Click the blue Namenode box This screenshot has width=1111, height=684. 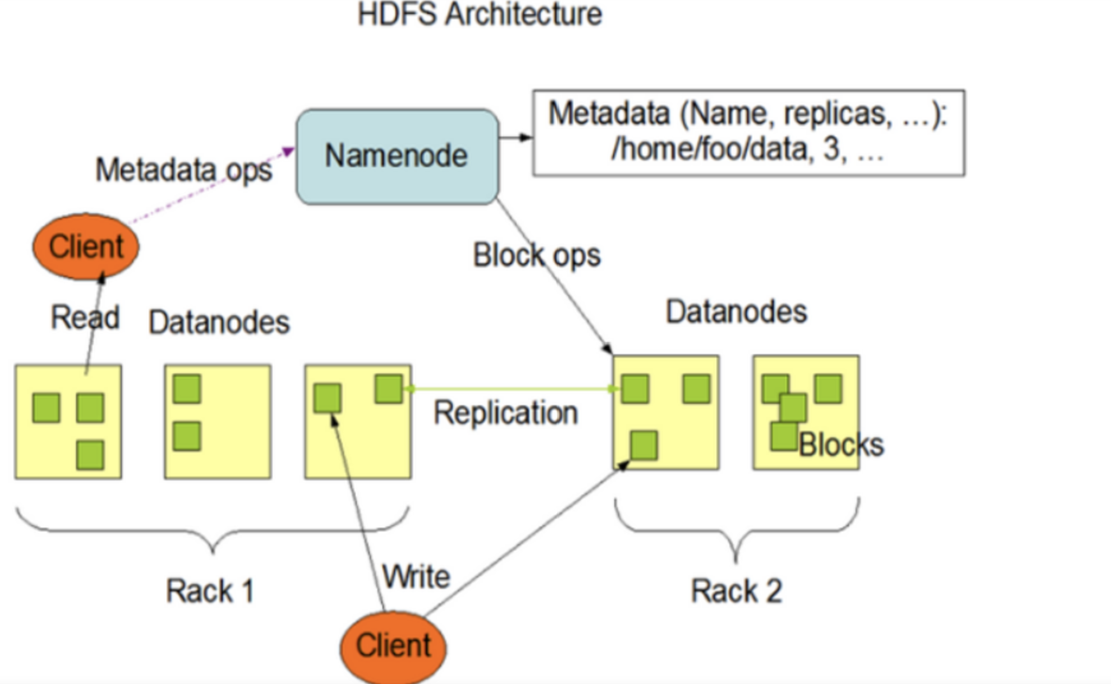click(x=397, y=156)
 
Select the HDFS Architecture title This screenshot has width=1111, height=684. click(x=480, y=14)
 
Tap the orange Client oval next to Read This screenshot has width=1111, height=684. click(x=86, y=246)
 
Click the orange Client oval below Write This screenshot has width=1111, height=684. click(x=393, y=646)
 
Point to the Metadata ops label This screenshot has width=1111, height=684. click(x=184, y=170)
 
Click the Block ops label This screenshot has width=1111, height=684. click(x=536, y=255)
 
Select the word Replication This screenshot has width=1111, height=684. click(x=506, y=413)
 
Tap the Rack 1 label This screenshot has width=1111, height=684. click(x=210, y=591)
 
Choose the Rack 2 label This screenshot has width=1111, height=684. click(x=736, y=591)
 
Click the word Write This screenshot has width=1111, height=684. click(x=416, y=577)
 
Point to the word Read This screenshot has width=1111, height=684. click(x=85, y=317)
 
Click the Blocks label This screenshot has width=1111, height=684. click(x=841, y=445)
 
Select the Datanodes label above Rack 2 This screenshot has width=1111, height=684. click(x=736, y=312)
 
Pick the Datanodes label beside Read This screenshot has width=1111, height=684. click(x=219, y=322)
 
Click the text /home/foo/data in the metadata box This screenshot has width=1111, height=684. click(x=709, y=149)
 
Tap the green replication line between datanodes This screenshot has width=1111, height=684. click(x=511, y=389)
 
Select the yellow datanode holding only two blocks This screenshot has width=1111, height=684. click(x=218, y=421)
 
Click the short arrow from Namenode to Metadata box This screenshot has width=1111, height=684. click(x=515, y=137)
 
